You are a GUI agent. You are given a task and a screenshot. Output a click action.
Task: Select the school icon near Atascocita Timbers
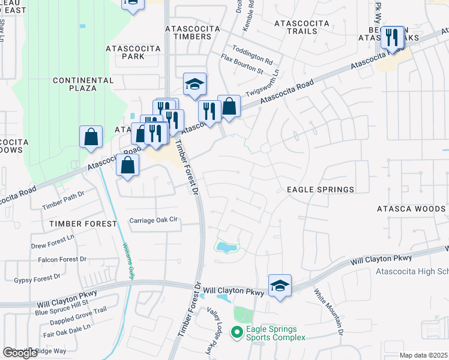pos(194,85)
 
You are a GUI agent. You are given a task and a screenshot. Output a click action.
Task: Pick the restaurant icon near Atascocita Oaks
pos(393,37)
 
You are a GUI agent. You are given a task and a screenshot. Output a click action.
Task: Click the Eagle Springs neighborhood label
pos(320,190)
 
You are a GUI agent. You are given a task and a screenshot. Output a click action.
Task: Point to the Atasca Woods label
pos(411,209)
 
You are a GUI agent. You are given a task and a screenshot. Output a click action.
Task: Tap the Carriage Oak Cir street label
pos(155,221)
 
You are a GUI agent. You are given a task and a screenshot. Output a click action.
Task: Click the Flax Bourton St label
pos(242,70)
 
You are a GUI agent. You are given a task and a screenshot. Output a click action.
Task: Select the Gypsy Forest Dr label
pos(37,278)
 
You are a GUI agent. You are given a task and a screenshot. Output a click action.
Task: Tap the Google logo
pos(20,353)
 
